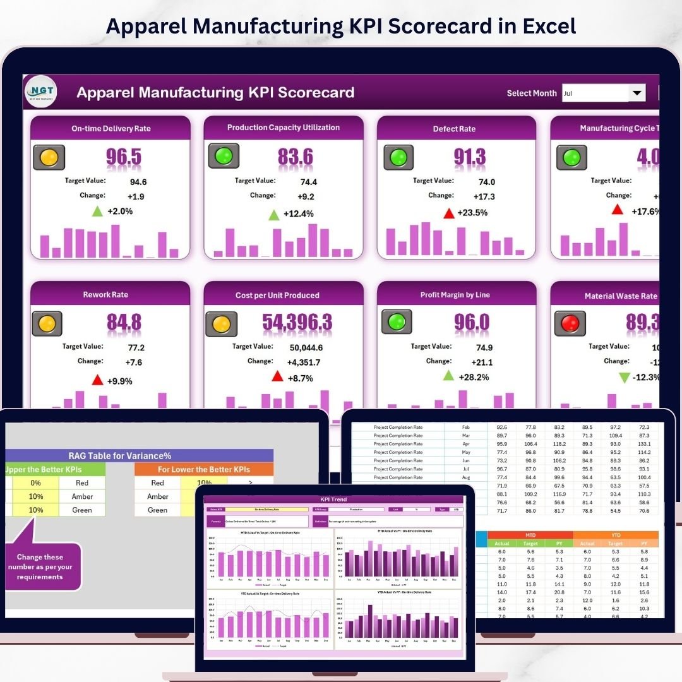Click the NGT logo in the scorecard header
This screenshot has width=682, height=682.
coord(41,92)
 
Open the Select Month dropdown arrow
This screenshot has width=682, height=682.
coord(637,93)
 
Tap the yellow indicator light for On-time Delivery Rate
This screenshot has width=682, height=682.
coord(49,157)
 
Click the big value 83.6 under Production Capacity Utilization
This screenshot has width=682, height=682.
coord(295,157)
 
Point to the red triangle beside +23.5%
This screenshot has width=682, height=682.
coord(449,213)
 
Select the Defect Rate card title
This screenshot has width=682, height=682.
coord(454,129)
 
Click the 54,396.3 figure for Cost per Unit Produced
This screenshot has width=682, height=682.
coord(297,323)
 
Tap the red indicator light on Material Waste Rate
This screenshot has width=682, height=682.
coord(570,324)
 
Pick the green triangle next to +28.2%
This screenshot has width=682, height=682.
coord(448,376)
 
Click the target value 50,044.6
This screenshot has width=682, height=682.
coord(306,347)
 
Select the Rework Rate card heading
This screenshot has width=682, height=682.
coord(105,295)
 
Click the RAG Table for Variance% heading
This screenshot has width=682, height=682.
coord(120,455)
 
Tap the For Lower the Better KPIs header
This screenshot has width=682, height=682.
coord(204,469)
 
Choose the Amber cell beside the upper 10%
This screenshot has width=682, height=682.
coord(82,496)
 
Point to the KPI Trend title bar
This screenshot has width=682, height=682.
coord(334,500)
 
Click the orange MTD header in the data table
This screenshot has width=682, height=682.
coord(530,535)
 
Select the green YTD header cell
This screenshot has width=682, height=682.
coord(616,535)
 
